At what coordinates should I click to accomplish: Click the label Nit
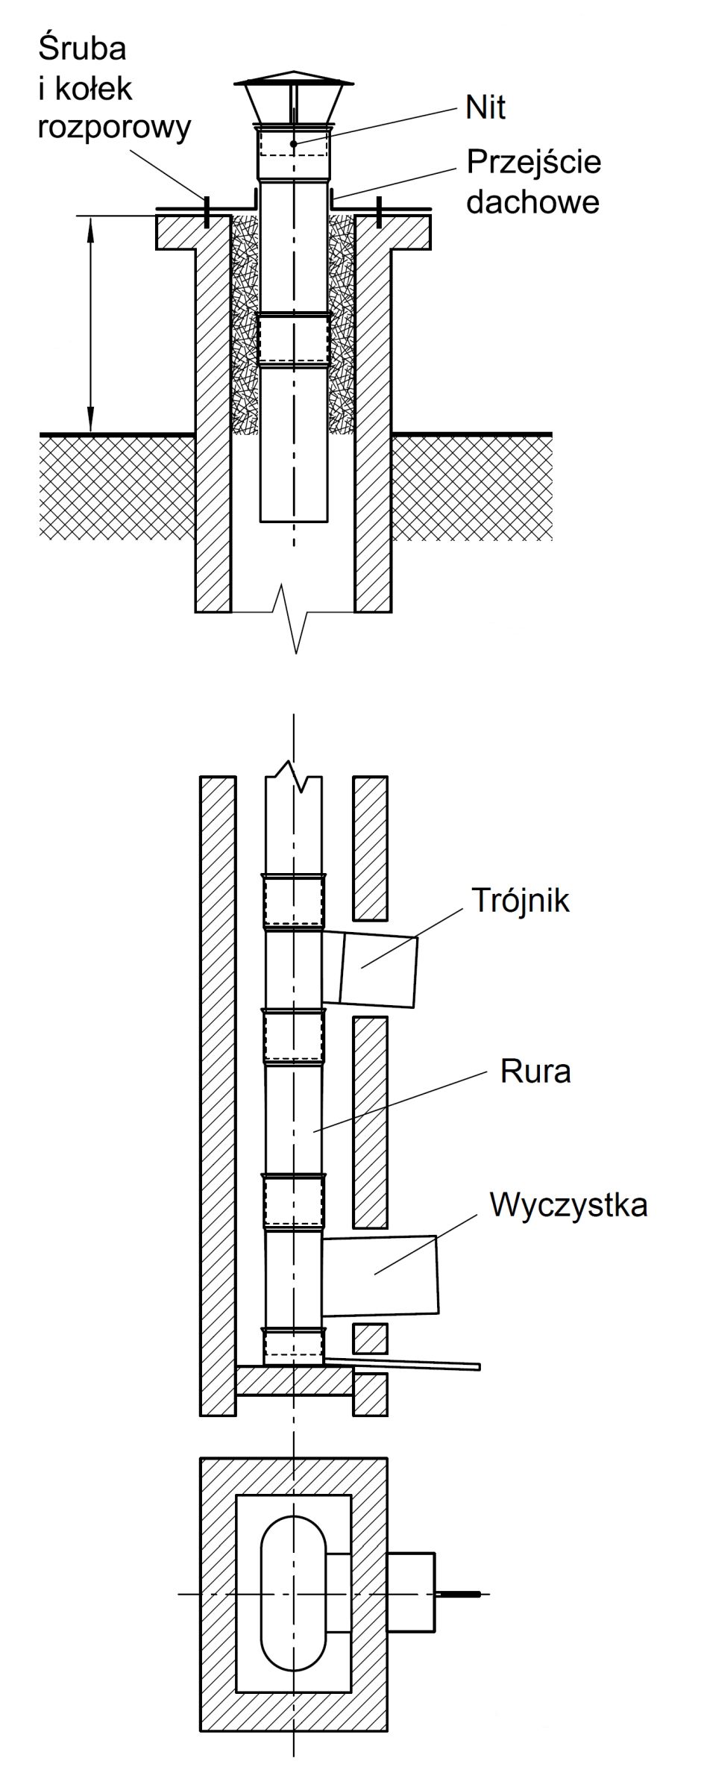point(485,108)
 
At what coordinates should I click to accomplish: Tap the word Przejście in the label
point(534,163)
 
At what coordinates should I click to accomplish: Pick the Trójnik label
point(520,901)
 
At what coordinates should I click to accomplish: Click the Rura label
point(535,1072)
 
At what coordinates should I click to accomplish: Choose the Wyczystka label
point(568,1204)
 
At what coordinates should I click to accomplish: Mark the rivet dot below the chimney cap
point(294,143)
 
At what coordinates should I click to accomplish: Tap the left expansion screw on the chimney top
point(207,210)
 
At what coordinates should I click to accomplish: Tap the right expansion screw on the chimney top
point(380,210)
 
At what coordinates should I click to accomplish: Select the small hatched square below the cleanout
point(370,1339)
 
